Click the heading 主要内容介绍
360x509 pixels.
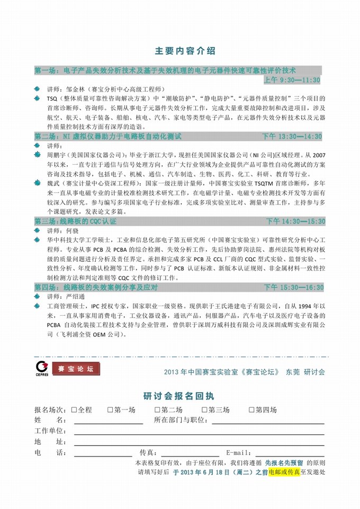[x=185, y=51]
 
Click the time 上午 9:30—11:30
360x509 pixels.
[x=292, y=80]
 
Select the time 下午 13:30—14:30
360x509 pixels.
[x=292, y=137]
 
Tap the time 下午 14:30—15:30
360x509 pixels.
[x=295, y=221]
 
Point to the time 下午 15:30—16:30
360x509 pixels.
[x=294, y=287]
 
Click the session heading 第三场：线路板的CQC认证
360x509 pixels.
[x=75, y=221]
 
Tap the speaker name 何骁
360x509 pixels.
[x=72, y=230]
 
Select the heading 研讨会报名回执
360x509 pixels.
[x=178, y=396]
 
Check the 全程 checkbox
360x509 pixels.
[x=75, y=409]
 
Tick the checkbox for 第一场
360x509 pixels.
[x=110, y=409]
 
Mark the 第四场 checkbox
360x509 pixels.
[x=252, y=409]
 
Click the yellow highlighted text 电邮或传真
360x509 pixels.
[x=284, y=471]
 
